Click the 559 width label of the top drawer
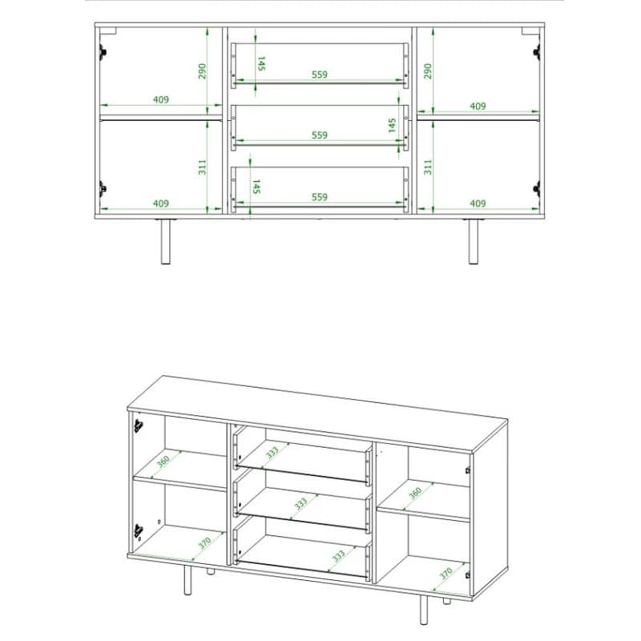coord(319,75)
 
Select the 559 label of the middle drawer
coord(319,135)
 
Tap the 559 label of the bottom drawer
coord(319,197)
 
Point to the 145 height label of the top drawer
coord(261,63)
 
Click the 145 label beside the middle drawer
coord(392,126)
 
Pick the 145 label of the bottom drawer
coord(256,187)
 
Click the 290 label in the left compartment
coord(202,71)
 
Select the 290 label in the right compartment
coord(428,71)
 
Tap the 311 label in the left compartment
coord(202,167)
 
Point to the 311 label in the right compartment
coord(428,167)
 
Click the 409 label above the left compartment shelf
coord(161,99)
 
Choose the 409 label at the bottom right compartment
coord(478,204)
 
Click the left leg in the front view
coord(165,242)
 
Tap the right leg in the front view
coord(473,242)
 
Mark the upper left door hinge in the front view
coord(103,52)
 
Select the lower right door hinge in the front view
coord(537,189)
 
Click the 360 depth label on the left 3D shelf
coord(163,462)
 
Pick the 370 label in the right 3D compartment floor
coord(446,574)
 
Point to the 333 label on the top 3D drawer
coord(272,452)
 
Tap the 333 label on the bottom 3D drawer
coord(338,556)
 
